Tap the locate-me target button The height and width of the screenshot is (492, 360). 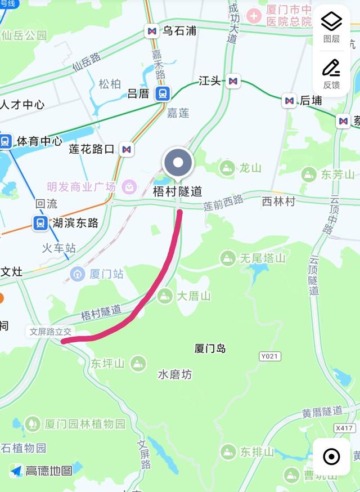[332, 457]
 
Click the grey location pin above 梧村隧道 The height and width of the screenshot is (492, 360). [178, 164]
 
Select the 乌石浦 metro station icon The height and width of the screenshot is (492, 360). [151, 31]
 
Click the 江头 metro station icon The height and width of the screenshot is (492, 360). [233, 82]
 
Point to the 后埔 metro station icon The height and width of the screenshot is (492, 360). [289, 101]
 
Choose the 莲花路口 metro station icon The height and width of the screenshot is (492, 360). [127, 149]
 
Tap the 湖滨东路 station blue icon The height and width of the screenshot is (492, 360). [40, 223]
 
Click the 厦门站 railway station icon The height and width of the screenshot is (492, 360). [77, 274]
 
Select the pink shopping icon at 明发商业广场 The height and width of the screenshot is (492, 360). [129, 186]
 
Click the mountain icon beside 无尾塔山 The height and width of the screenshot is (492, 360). [228, 258]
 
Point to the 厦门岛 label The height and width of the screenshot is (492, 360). [210, 348]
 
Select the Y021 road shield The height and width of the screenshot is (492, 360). [270, 356]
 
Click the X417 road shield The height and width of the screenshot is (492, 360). [344, 428]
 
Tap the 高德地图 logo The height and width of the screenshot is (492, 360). [41, 471]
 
